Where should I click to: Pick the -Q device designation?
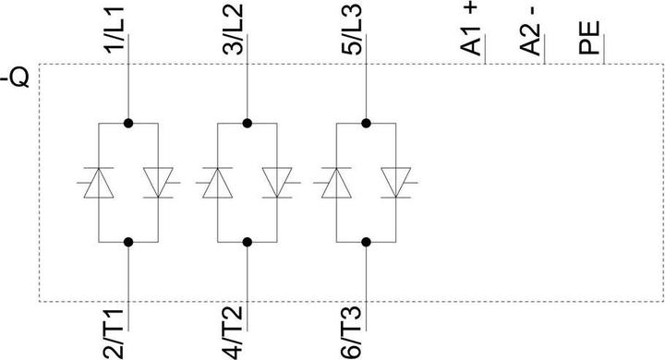click(x=18, y=77)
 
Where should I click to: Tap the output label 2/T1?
click(x=115, y=330)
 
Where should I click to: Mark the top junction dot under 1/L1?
click(x=128, y=122)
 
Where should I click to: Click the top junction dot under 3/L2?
click(x=248, y=122)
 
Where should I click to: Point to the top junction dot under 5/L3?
click(x=367, y=122)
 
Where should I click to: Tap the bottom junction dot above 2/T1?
click(x=128, y=242)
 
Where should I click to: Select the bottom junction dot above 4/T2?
click(x=248, y=242)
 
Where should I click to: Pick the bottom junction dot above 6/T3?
click(x=367, y=242)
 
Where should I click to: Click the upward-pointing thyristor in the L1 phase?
click(x=99, y=182)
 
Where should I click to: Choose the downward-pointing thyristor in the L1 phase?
click(x=158, y=182)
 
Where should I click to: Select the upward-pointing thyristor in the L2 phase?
click(x=218, y=182)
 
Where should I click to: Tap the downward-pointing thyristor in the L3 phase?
click(x=396, y=182)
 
